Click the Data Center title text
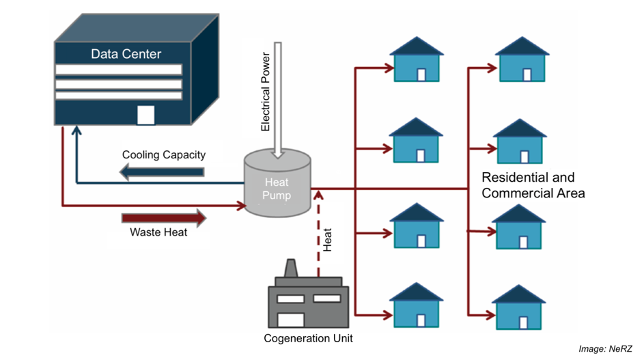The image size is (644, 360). click(x=126, y=53)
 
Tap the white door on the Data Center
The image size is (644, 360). click(x=145, y=115)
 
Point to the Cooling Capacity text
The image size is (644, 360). click(x=164, y=154)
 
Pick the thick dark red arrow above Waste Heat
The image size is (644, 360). click(x=164, y=218)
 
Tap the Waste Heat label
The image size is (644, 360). click(x=158, y=232)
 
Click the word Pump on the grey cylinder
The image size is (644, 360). click(x=278, y=196)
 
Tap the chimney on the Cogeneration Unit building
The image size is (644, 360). click(x=291, y=268)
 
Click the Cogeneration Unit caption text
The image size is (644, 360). click(x=308, y=338)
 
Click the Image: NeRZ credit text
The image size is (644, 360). click(x=606, y=349)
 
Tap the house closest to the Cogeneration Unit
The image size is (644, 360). click(x=416, y=305)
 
